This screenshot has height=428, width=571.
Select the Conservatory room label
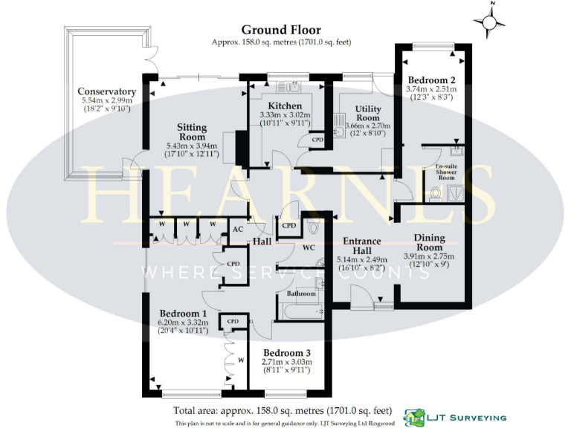106,92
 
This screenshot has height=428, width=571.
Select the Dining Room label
428,242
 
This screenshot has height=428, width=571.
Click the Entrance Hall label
361,246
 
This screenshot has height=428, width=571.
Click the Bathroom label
301,294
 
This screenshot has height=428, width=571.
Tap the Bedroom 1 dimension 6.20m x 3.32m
182,323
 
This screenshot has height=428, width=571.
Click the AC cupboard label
238,230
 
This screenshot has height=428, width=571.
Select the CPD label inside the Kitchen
317,140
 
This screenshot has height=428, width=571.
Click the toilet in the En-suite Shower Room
436,195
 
